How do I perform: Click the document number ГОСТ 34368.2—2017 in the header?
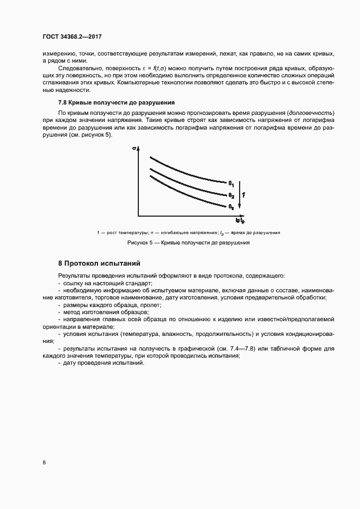point(72,36)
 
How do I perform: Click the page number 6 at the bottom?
point(44,463)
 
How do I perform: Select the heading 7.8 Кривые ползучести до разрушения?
point(116,102)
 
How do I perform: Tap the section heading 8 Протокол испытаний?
point(100,263)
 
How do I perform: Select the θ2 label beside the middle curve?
point(231,195)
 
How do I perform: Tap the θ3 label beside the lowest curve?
point(231,207)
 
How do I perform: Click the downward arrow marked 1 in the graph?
point(241,194)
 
